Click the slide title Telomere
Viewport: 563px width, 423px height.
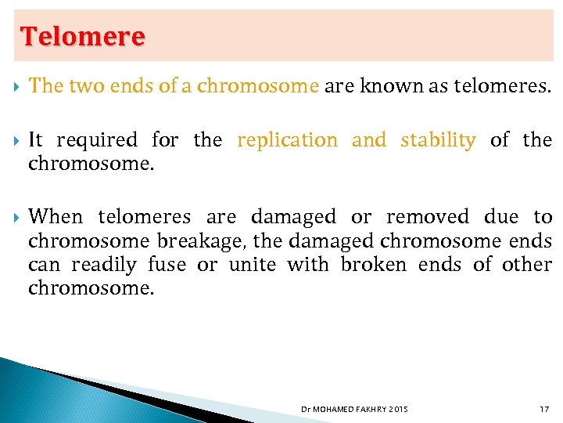(x=83, y=36)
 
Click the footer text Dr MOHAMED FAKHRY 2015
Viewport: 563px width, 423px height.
(x=354, y=409)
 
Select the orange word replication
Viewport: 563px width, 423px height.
(x=287, y=140)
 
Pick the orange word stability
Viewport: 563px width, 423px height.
(x=437, y=140)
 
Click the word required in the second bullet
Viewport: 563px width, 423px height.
(x=96, y=140)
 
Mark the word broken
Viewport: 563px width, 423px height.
(x=373, y=265)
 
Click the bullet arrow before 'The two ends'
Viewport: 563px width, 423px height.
(x=17, y=86)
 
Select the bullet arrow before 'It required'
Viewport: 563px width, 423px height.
(x=17, y=140)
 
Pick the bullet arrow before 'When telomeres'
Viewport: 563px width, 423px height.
(x=17, y=217)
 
